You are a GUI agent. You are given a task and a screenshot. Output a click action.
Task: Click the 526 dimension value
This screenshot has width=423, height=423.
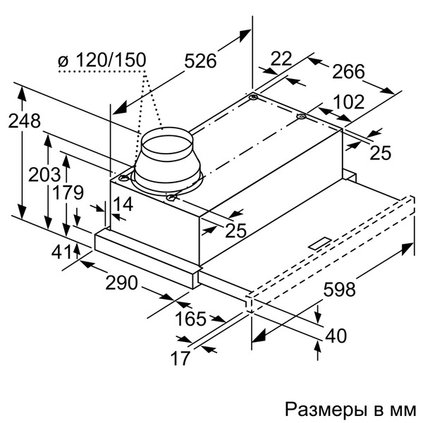(x=200, y=61)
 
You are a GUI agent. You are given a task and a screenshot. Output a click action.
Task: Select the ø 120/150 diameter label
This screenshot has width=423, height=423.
(x=102, y=60)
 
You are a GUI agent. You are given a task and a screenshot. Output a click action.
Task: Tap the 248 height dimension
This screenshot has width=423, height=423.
(x=24, y=121)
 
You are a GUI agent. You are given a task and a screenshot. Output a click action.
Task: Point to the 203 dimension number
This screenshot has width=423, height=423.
(x=44, y=175)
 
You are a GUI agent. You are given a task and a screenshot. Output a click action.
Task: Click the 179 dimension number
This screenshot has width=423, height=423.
(x=68, y=192)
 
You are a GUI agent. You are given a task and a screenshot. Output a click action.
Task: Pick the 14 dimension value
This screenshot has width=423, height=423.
(x=123, y=204)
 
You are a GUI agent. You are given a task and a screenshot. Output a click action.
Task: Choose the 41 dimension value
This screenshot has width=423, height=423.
(x=62, y=252)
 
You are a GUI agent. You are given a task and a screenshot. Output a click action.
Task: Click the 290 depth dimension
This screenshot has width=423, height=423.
(x=121, y=283)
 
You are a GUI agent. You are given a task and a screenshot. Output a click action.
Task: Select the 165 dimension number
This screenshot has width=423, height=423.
(x=190, y=319)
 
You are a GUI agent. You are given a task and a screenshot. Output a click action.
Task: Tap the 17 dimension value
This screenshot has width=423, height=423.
(x=180, y=358)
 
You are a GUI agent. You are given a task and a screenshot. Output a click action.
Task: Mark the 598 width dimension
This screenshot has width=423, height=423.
(x=340, y=289)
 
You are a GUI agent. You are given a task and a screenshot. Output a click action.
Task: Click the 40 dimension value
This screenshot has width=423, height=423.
(x=336, y=336)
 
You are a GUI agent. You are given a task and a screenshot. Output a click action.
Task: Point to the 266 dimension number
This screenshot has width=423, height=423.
(x=348, y=71)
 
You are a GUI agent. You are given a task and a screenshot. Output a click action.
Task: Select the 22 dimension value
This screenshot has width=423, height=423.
(x=281, y=59)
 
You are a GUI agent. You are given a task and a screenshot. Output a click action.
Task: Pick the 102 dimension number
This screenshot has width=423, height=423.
(x=349, y=102)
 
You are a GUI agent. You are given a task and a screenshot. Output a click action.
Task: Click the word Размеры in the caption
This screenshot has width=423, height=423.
(x=325, y=410)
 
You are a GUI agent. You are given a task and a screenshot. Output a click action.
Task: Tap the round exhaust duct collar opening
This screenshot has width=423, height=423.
(x=167, y=145)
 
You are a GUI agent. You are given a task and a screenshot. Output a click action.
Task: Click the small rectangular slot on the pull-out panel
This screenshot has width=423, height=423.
(x=320, y=243)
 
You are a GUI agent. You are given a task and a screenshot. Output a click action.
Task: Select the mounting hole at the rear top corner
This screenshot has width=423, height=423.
(x=253, y=97)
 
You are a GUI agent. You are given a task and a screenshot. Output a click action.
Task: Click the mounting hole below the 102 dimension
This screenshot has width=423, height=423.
(x=301, y=117)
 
